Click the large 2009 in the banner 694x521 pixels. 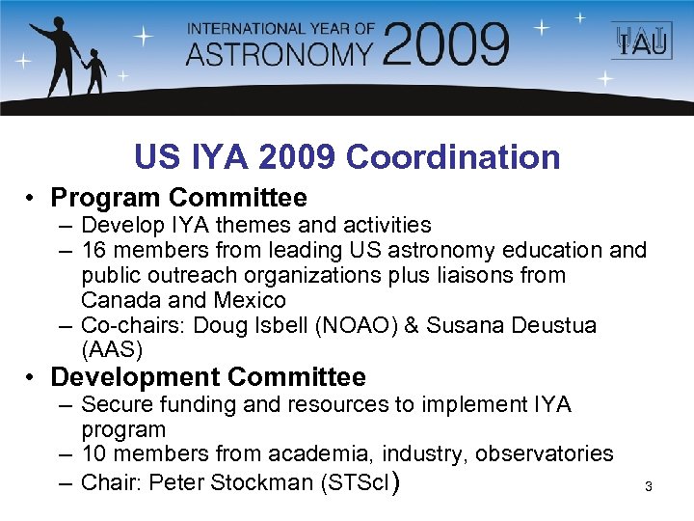pyautogui.click(x=445, y=44)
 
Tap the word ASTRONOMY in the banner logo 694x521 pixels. pyautogui.click(x=279, y=53)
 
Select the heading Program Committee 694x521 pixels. pyautogui.click(x=178, y=198)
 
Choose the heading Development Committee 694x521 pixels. pyautogui.click(x=208, y=376)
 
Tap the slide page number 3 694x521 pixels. pyautogui.click(x=649, y=486)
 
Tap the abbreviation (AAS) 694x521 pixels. pyautogui.click(x=112, y=349)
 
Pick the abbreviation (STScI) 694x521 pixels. pyautogui.click(x=357, y=481)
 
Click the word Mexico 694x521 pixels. pyautogui.click(x=251, y=300)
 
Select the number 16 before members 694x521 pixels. pyautogui.click(x=93, y=250)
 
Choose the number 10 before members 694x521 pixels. pyautogui.click(x=93, y=453)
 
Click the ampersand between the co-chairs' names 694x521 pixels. pyautogui.click(x=411, y=325)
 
